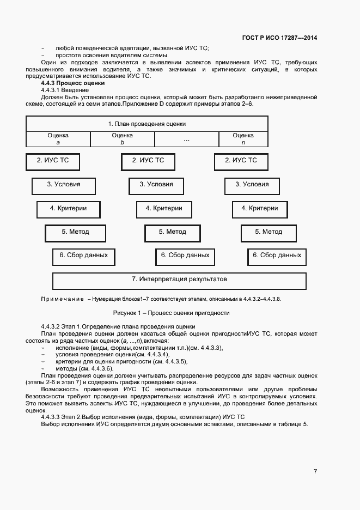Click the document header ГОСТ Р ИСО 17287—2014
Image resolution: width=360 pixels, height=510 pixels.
(x=280, y=38)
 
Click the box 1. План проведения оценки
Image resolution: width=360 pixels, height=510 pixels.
(x=147, y=124)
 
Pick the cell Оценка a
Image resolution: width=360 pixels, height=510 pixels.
(x=58, y=139)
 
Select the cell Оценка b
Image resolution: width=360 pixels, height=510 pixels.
(x=122, y=139)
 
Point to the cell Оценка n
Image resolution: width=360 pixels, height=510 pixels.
(x=243, y=139)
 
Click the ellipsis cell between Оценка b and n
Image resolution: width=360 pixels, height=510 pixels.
(x=186, y=139)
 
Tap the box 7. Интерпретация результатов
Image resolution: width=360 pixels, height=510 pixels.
(x=179, y=280)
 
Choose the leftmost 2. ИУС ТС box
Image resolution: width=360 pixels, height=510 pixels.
(x=53, y=161)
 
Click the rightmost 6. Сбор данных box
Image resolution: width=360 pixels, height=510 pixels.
(x=277, y=255)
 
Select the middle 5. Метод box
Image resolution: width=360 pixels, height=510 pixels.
(x=172, y=232)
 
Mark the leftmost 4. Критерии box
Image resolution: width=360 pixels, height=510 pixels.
(x=68, y=209)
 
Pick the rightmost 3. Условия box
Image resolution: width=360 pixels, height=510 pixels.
(x=252, y=185)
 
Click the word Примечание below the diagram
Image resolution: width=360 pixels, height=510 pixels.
(x=62, y=299)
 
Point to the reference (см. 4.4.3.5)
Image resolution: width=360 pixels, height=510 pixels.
(x=169, y=361)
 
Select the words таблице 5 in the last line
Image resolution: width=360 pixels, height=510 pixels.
(x=291, y=424)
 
